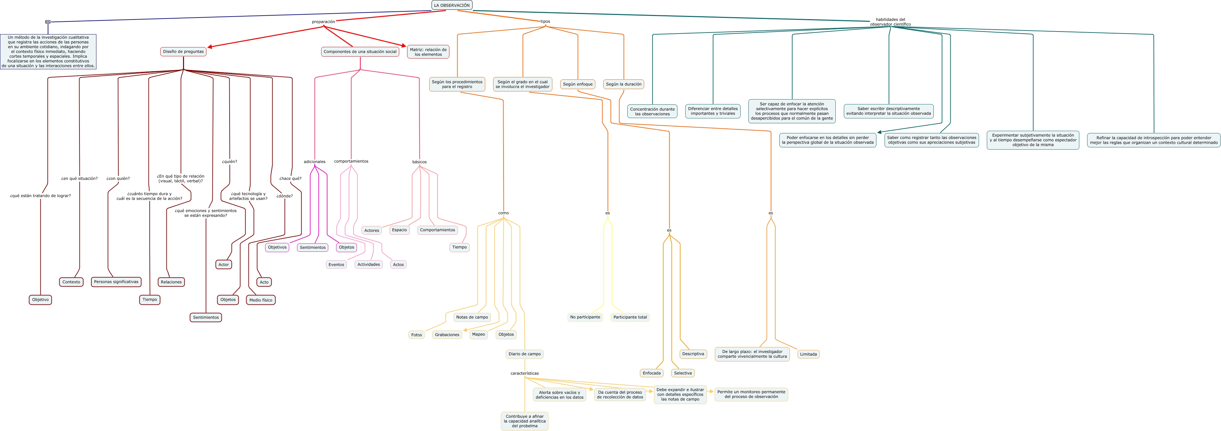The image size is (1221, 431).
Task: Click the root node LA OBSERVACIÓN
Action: (452, 5)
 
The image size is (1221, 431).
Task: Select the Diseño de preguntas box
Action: (183, 52)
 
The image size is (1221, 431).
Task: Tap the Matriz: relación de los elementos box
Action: (428, 52)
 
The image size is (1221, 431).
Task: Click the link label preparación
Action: (323, 22)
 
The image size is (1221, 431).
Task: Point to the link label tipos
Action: (545, 21)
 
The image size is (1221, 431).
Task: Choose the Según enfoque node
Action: (577, 84)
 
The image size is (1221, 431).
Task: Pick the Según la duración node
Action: (623, 84)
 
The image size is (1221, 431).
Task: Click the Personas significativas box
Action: (116, 282)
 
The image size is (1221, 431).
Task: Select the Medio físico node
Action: (261, 300)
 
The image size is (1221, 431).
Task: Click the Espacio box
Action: (399, 230)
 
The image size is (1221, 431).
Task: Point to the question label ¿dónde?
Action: (284, 196)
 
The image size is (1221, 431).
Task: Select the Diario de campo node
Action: (524, 354)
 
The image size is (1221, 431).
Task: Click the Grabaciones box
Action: (447, 335)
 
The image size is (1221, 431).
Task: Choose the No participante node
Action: (585, 317)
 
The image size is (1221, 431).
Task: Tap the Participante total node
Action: (630, 317)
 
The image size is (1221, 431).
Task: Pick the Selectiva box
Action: (683, 373)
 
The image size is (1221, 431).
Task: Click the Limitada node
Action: (808, 354)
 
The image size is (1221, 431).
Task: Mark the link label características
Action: (524, 373)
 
